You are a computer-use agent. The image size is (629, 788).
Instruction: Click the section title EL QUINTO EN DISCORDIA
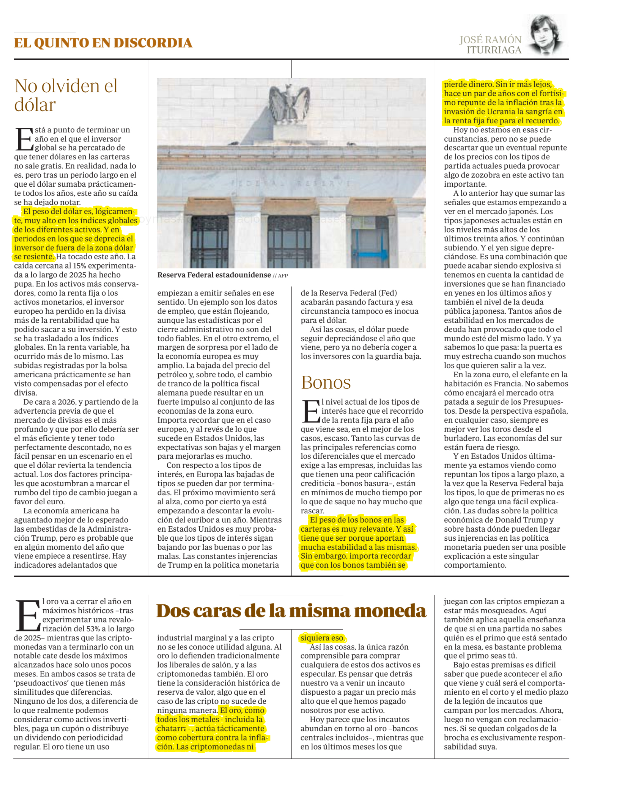pos(103,43)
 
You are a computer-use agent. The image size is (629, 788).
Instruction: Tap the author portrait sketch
pos(546,35)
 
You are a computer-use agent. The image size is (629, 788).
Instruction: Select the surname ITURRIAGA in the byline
pos(494,50)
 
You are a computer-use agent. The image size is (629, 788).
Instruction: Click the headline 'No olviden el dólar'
pos(66,95)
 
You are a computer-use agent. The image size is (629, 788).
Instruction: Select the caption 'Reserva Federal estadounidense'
pos(214,275)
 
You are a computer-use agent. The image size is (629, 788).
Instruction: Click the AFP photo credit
pos(283,276)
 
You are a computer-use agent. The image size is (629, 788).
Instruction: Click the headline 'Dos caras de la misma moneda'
pos(291,611)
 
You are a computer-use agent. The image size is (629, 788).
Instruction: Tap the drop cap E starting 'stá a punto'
pos(24,139)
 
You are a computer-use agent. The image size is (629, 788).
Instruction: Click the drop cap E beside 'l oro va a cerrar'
pos(27,616)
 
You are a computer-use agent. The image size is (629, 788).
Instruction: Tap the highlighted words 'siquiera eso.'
pos(322,638)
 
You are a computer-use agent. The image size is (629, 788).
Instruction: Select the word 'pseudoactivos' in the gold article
pos(38,683)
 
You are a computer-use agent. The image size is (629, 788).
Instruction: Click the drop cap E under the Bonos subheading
pos(311,411)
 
